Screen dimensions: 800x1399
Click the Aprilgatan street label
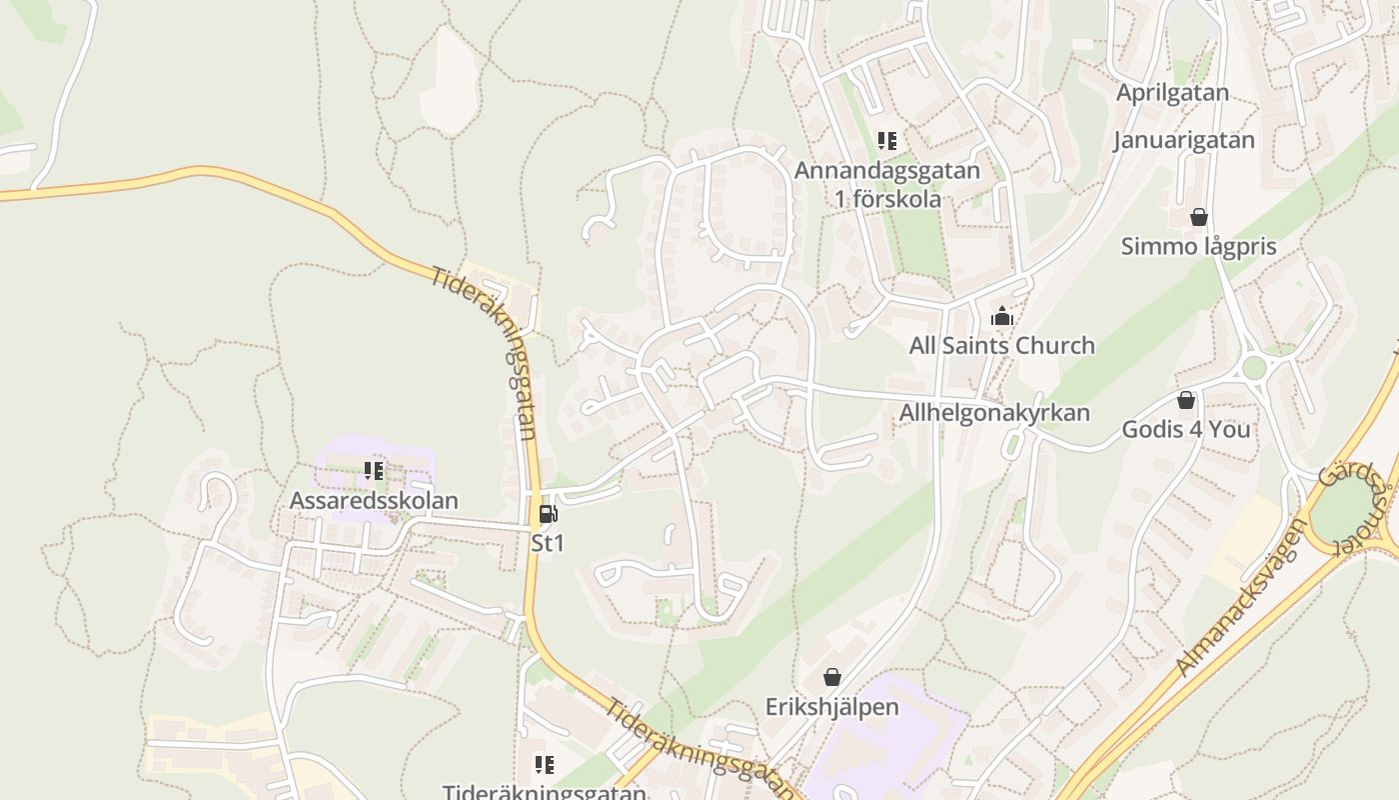[x=1172, y=93]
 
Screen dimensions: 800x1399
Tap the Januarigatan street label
[x=1184, y=140]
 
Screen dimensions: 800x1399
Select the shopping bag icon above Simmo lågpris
[x=1198, y=217]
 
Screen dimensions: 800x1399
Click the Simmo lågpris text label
[x=1198, y=246]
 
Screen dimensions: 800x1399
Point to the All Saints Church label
[x=1001, y=346]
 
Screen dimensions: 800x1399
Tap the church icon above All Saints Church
[x=1001, y=317]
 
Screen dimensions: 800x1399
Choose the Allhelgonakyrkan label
[x=994, y=412]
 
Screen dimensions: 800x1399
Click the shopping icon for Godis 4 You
[x=1186, y=401]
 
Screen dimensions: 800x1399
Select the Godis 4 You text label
[x=1186, y=430]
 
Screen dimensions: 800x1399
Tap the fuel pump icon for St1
[x=548, y=514]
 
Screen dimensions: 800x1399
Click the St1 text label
[x=548, y=543]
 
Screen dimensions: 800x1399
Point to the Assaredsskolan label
[x=374, y=500]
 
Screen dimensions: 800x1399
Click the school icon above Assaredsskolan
[x=374, y=470]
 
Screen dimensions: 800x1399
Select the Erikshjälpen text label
[x=831, y=707]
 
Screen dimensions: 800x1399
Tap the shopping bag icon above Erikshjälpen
[x=831, y=678]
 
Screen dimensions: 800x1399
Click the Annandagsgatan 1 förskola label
[x=887, y=184]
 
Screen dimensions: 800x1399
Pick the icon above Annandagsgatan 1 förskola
[x=887, y=141]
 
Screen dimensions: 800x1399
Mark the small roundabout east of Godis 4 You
[x=1254, y=368]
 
